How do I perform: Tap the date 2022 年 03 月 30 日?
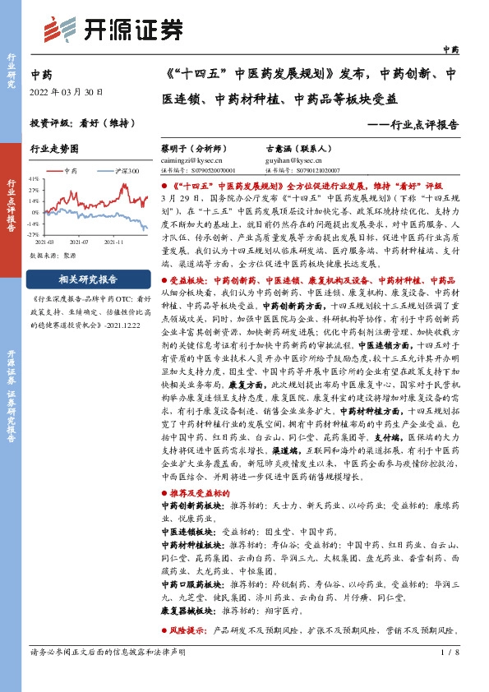coord(67,92)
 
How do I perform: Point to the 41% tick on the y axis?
coord(32,178)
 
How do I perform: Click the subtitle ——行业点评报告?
coord(413,125)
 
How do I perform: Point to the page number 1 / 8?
coord(448,652)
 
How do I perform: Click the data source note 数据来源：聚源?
coord(53,256)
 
